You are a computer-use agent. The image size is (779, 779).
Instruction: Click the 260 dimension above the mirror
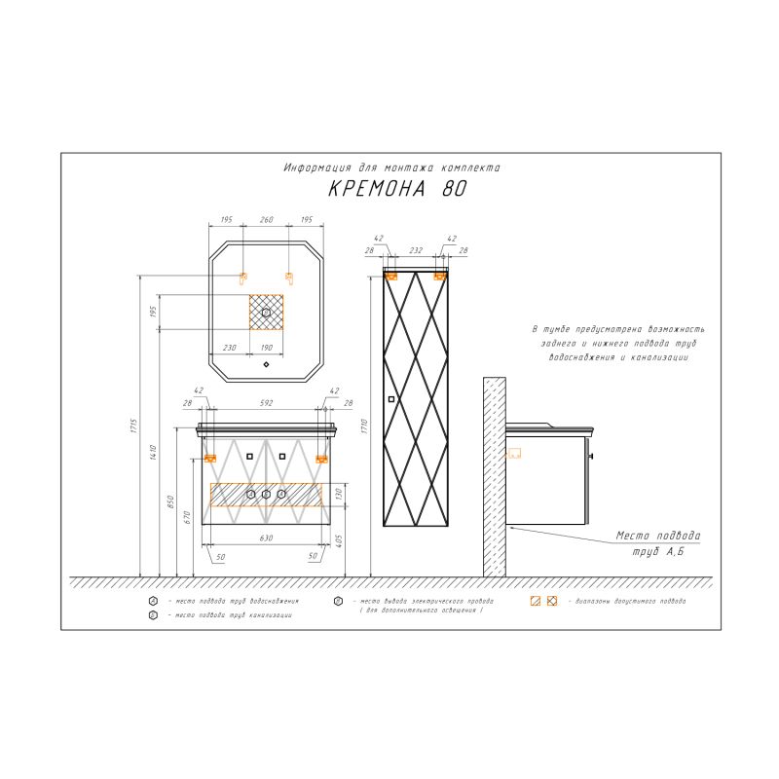coord(266,221)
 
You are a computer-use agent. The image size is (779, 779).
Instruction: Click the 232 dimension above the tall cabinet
coord(416,251)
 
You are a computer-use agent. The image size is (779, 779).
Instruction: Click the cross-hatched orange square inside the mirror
coord(266,312)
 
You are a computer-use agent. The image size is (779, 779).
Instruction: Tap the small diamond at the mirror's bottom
coord(266,366)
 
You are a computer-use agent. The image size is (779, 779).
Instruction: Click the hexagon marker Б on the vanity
coord(266,495)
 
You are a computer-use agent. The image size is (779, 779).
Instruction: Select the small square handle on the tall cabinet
coord(392,399)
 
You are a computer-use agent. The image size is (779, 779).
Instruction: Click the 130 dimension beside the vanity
coord(340,494)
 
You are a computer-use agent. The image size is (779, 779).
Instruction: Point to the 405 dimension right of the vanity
coord(340,541)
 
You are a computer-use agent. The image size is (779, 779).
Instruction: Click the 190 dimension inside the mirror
coord(266,347)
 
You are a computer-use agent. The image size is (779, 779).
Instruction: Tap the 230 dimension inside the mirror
coord(230,347)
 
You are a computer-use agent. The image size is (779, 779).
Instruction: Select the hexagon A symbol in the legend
coord(154,602)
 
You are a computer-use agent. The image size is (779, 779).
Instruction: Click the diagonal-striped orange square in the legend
coord(535,602)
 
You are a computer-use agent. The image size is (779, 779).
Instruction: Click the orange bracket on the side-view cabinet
coord(514,452)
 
